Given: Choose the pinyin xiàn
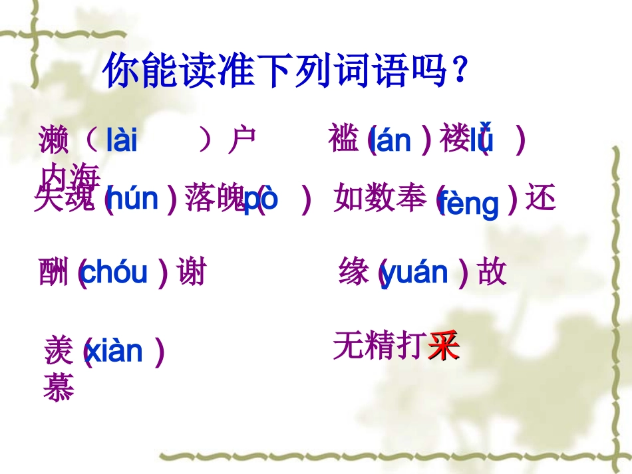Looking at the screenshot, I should pyautogui.click(x=114, y=350).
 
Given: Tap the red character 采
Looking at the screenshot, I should pyautogui.click(x=444, y=346).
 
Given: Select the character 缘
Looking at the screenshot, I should pyautogui.click(x=354, y=273).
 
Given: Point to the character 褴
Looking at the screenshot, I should pyautogui.click(x=345, y=140).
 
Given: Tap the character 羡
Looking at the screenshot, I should pyautogui.click(x=59, y=350).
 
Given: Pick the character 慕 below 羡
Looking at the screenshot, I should pyautogui.click(x=59, y=388).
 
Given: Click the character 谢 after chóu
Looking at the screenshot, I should pyautogui.click(x=192, y=273).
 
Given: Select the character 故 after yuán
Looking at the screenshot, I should pyautogui.click(x=492, y=273).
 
